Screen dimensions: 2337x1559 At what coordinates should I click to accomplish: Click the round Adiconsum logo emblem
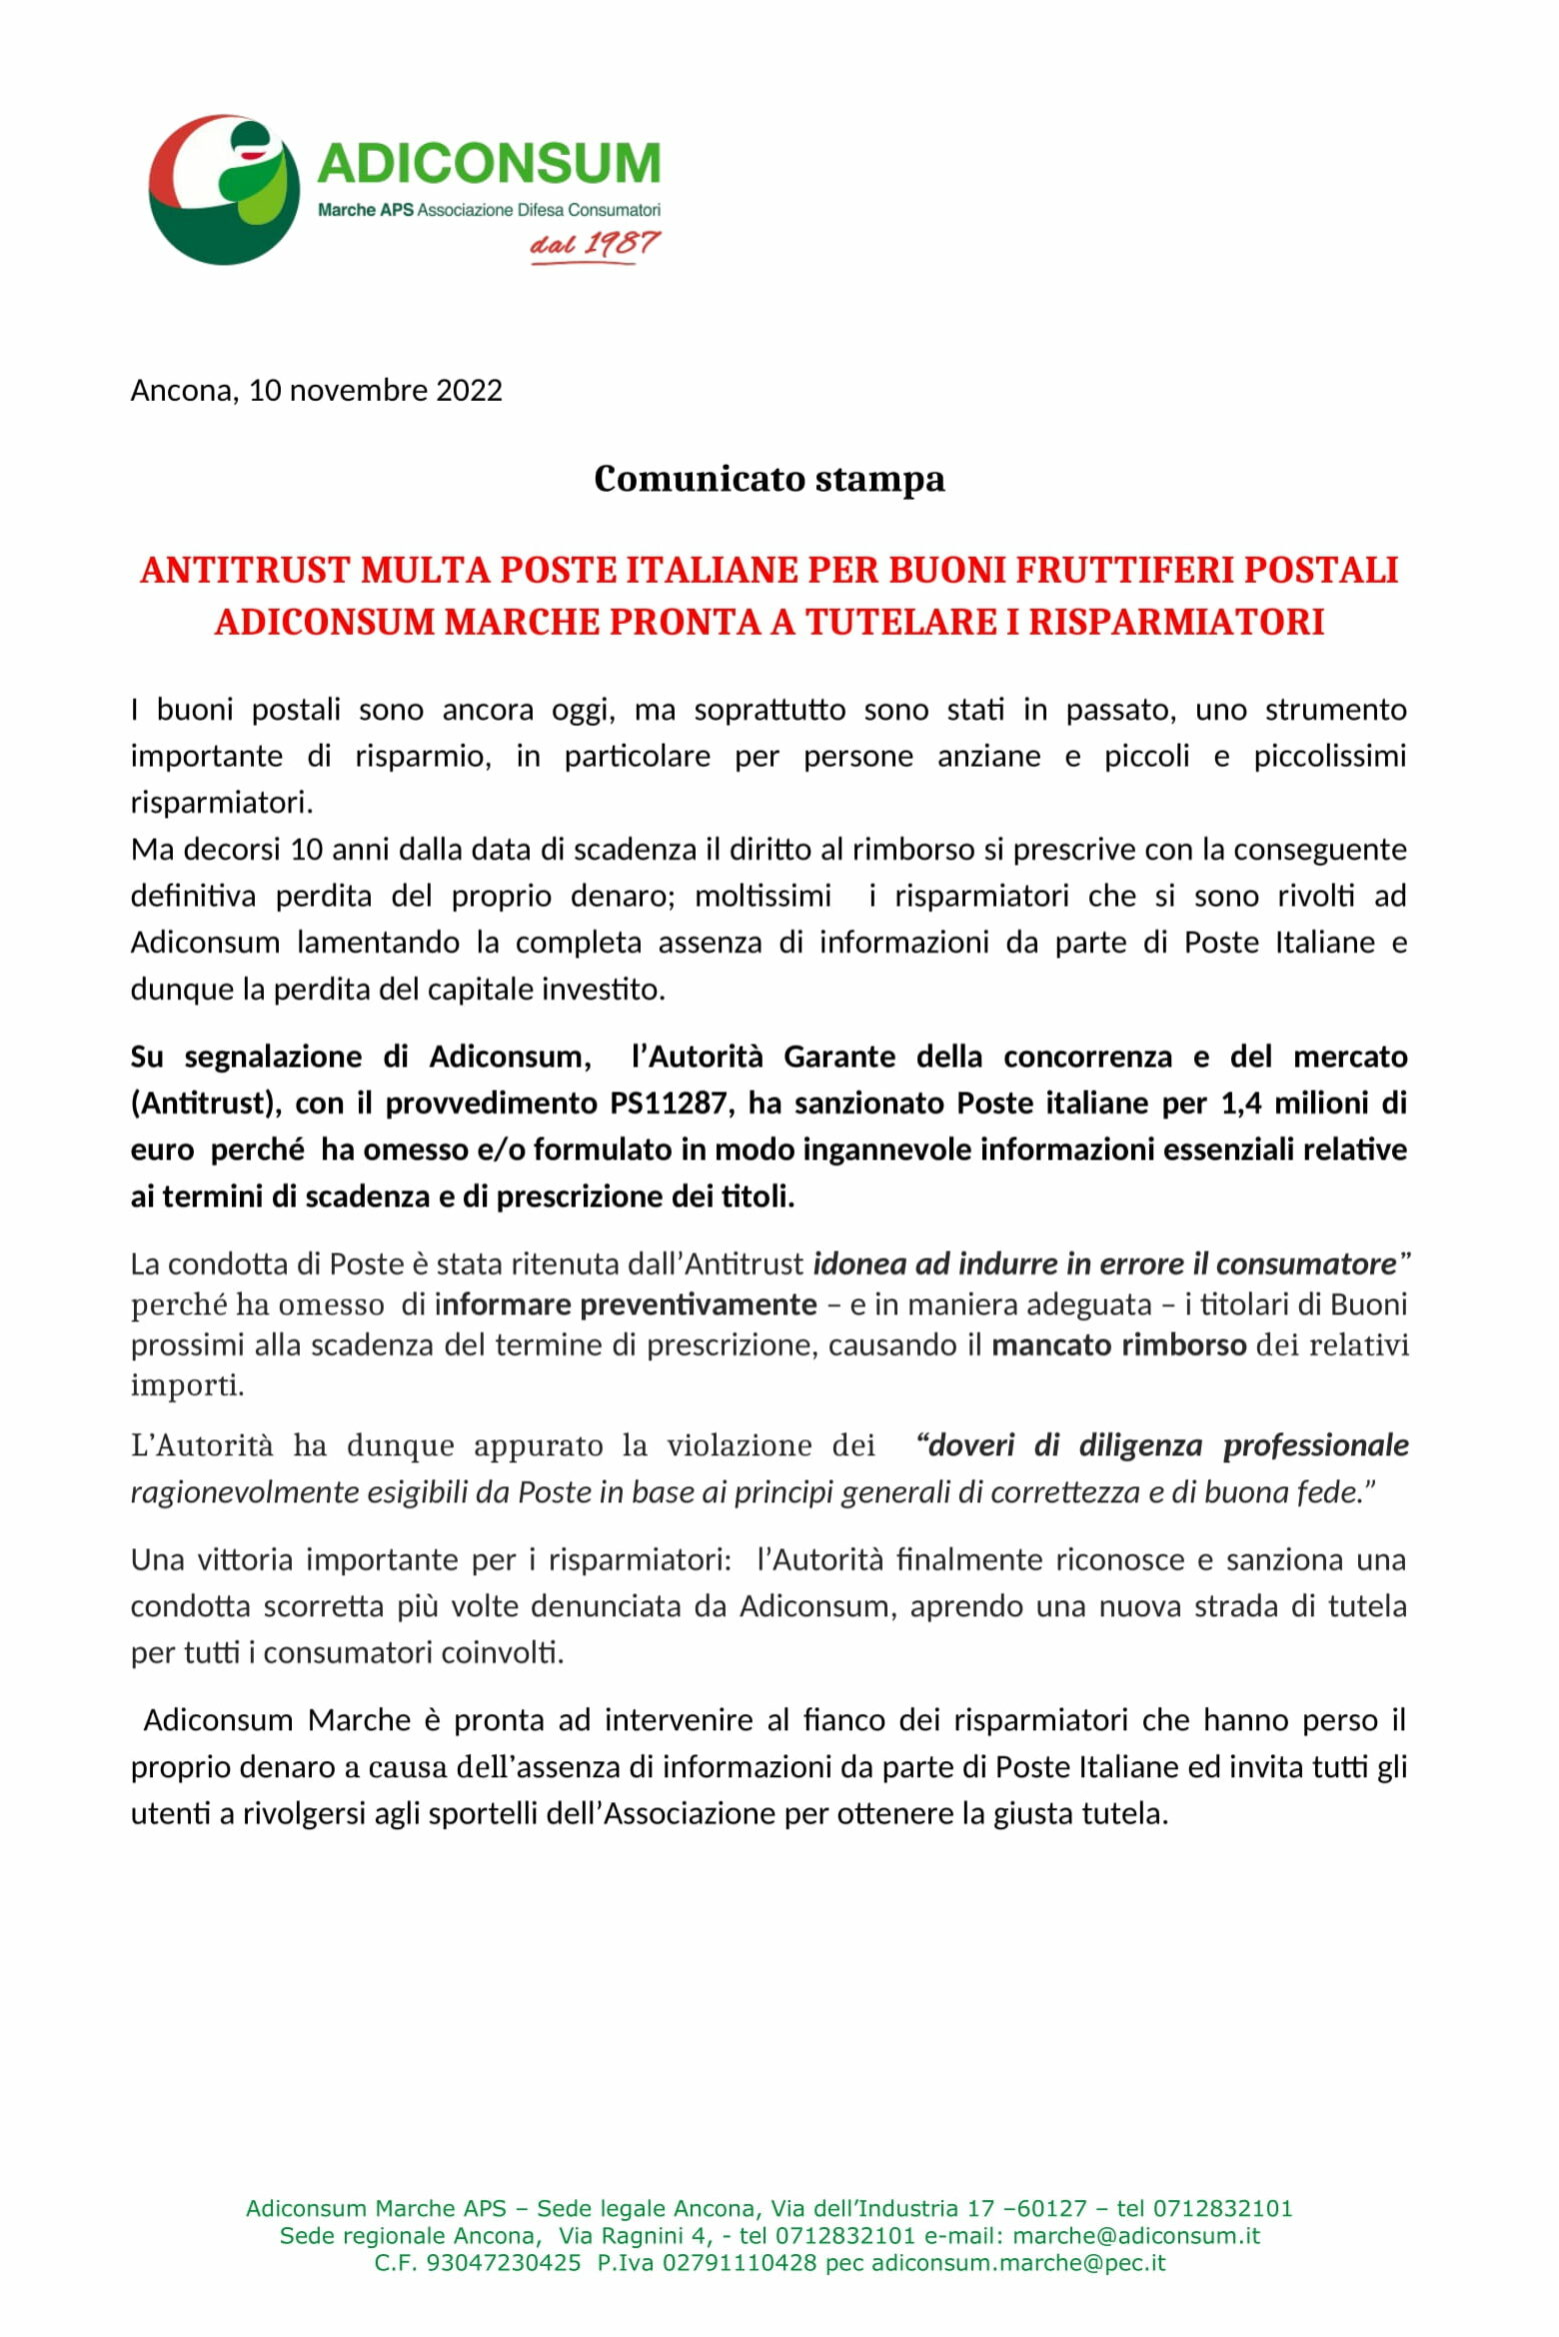(224, 190)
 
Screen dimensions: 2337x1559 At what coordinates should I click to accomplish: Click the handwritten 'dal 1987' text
(596, 244)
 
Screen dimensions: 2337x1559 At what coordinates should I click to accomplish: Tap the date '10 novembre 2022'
(375, 390)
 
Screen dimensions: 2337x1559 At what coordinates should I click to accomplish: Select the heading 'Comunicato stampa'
(769, 479)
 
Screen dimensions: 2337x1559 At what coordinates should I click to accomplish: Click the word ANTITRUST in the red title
(245, 570)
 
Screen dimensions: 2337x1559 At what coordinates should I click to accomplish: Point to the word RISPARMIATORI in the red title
(1176, 622)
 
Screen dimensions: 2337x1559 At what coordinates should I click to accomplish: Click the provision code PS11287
(675, 1103)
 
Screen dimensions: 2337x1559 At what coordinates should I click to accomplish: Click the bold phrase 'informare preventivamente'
(626, 1304)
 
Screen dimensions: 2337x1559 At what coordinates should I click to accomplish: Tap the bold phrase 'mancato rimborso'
(1118, 1344)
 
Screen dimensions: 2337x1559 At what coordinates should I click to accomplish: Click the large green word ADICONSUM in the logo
(489, 163)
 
